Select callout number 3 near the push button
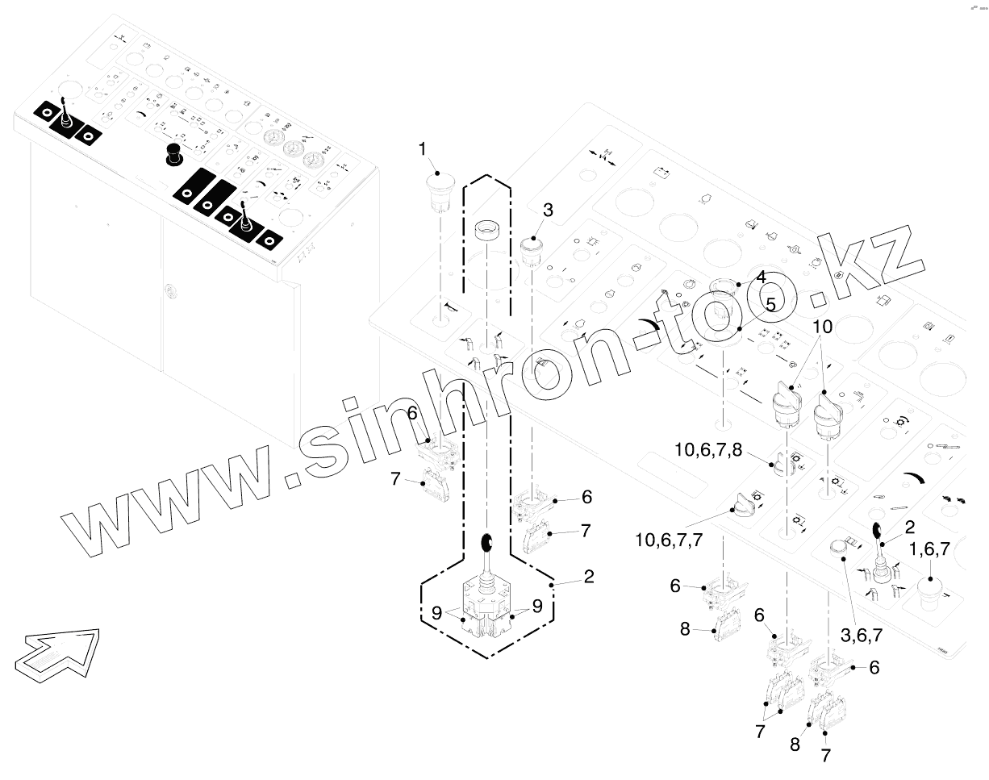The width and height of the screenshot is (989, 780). pos(548,211)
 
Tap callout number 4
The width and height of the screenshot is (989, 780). pos(760,277)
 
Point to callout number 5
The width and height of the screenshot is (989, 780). pos(770,305)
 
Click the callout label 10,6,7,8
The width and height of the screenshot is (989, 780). pos(707,449)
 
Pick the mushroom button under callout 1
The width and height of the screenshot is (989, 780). pos(440,191)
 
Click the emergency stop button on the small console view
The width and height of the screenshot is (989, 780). pos(173,153)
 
